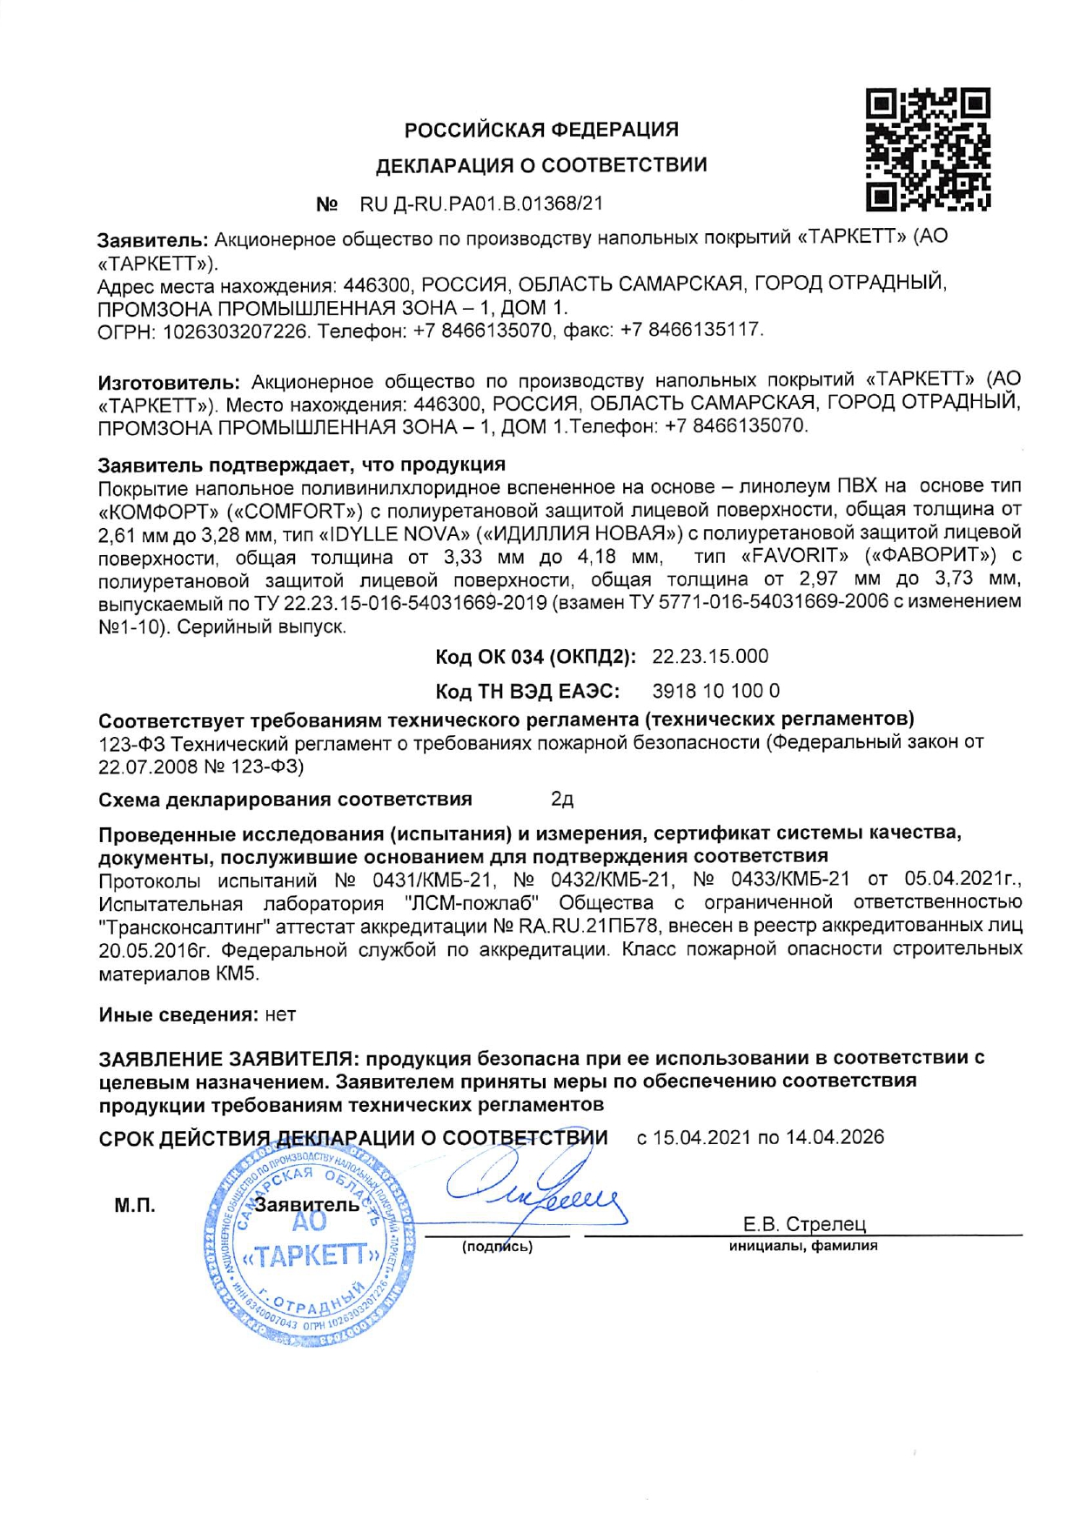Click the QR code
tap(929, 149)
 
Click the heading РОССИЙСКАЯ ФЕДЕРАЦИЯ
tap(541, 130)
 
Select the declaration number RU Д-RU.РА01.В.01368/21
tap(481, 204)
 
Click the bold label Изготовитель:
tap(169, 381)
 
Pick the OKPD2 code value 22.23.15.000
tap(710, 656)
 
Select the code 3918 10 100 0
tap(715, 691)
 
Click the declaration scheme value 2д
tap(562, 799)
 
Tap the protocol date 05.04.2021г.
tap(963, 879)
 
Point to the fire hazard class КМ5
tap(238, 973)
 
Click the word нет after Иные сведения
tap(280, 1014)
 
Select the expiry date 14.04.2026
tap(835, 1137)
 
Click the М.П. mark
tap(135, 1205)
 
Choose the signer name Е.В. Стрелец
tap(804, 1224)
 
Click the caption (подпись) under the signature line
tap(497, 1247)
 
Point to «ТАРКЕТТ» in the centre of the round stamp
tap(310, 1255)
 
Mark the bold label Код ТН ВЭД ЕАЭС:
tap(527, 691)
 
